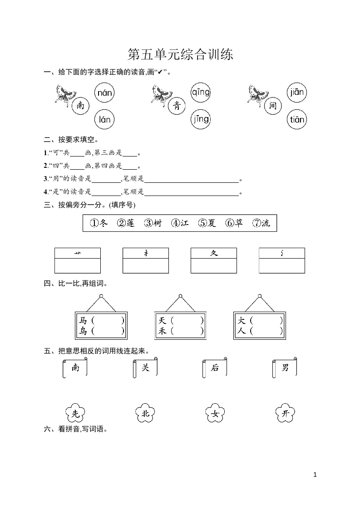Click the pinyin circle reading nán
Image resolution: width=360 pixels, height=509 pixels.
tap(105, 93)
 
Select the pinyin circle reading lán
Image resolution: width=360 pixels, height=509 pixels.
tap(105, 119)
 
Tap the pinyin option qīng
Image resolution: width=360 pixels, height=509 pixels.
tap(200, 93)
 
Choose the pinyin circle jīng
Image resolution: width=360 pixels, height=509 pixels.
tap(200, 119)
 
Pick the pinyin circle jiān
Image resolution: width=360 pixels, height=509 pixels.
tap(296, 93)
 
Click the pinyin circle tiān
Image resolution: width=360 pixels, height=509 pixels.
tap(296, 120)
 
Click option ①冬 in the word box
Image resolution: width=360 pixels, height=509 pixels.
tap(99, 223)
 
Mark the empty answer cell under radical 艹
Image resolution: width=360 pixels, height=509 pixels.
tap(78, 266)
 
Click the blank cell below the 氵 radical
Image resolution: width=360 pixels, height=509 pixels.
tap(282, 266)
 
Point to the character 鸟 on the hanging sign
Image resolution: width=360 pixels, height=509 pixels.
tap(83, 331)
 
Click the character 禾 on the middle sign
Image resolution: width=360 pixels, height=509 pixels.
tap(163, 331)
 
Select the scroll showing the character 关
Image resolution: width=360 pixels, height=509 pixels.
tap(145, 368)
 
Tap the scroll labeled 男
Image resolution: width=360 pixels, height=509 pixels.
tap(285, 368)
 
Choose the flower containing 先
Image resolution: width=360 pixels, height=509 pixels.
tap(75, 413)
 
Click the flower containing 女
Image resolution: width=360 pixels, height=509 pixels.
tap(215, 413)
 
